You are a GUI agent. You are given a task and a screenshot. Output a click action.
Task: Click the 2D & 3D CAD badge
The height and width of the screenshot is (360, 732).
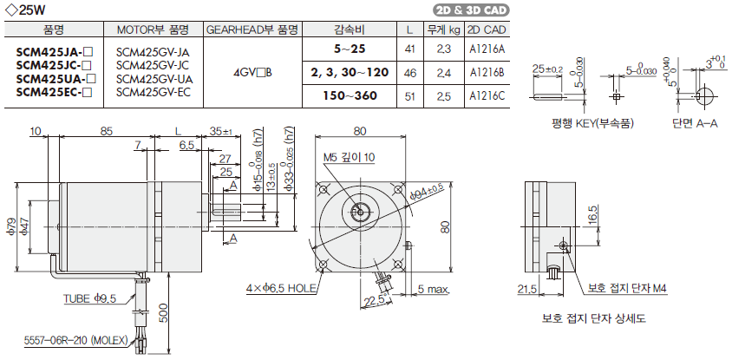point(470,11)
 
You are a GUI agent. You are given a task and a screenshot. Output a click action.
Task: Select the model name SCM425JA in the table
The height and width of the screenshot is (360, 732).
point(55,50)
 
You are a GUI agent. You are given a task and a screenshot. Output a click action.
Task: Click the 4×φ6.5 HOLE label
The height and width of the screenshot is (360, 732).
point(280,287)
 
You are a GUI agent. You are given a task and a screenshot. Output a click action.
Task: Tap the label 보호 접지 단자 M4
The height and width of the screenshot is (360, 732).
point(626,288)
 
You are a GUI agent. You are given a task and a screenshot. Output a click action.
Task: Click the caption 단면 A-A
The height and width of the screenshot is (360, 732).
point(694,124)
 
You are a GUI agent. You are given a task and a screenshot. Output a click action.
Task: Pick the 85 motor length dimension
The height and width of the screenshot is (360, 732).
point(107,132)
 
